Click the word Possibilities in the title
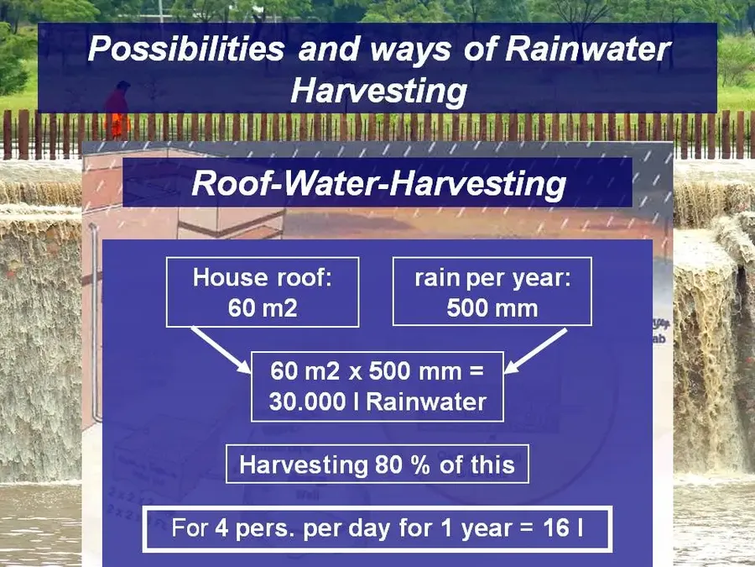click(x=185, y=48)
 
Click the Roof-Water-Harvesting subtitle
click(x=377, y=182)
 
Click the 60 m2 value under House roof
click(x=263, y=308)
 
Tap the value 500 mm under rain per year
click(x=492, y=308)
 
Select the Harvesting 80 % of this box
click(x=377, y=465)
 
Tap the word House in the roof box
click(x=225, y=278)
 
